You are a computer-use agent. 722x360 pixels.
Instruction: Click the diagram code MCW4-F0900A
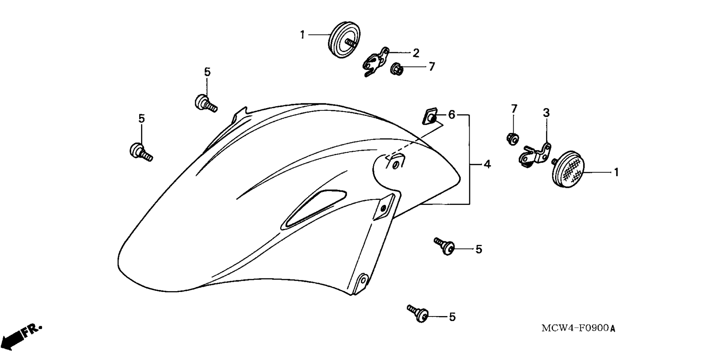click(578, 328)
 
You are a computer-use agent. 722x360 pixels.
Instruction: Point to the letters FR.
click(32, 330)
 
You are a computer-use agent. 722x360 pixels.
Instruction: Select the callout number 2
click(416, 53)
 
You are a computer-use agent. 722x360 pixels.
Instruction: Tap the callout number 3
click(546, 112)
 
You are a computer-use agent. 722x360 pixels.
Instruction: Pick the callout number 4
click(487, 164)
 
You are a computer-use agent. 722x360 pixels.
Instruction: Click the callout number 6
click(452, 114)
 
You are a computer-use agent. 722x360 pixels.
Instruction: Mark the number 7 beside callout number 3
click(514, 109)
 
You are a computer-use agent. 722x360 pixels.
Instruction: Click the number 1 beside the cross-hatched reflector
click(616, 172)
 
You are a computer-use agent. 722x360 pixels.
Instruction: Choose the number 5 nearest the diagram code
click(452, 317)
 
